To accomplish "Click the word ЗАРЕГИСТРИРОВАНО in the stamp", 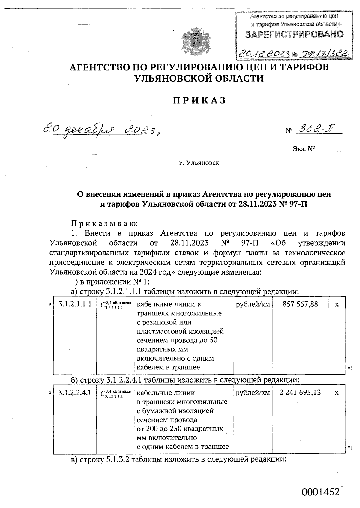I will [294, 34].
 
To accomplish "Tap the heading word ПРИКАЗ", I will [199, 100].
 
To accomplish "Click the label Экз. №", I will [303, 148].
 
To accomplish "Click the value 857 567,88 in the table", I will [300, 304].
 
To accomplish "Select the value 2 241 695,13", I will [300, 392].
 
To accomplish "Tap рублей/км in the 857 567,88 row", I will [253, 304].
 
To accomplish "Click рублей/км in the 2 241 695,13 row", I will [253, 393].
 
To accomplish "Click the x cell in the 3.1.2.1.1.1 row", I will [337, 304].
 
